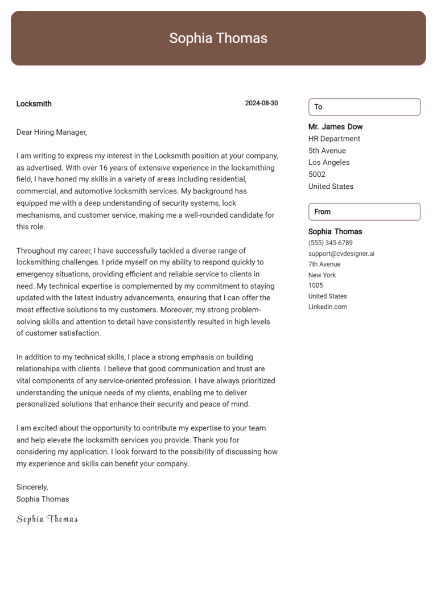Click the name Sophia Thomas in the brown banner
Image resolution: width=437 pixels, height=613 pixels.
click(x=218, y=38)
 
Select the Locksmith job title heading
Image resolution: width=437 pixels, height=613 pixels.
click(x=34, y=103)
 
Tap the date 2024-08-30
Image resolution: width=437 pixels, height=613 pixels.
click(x=261, y=103)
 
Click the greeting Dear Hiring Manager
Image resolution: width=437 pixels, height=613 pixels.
click(x=51, y=132)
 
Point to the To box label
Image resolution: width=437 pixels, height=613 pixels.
click(x=318, y=107)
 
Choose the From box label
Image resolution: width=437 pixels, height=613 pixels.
click(x=322, y=212)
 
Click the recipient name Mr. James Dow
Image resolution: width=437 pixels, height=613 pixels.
click(x=335, y=127)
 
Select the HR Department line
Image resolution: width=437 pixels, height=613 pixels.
click(x=334, y=139)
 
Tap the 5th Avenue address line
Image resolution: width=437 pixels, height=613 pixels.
click(x=327, y=151)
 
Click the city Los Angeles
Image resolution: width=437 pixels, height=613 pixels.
click(x=329, y=163)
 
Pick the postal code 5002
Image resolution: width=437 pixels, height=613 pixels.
click(x=316, y=175)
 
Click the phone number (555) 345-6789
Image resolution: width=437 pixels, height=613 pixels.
click(x=330, y=243)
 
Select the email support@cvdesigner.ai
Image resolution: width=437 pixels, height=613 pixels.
click(x=341, y=254)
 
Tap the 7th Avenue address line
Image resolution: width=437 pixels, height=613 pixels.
click(x=324, y=264)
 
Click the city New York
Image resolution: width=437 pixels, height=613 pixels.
click(x=322, y=275)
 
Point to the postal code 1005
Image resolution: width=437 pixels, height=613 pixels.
click(x=315, y=285)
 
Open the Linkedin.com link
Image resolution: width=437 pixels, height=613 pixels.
click(x=327, y=307)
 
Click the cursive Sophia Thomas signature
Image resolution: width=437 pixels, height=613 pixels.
click(x=47, y=519)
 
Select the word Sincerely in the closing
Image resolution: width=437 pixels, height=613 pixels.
click(x=32, y=487)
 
